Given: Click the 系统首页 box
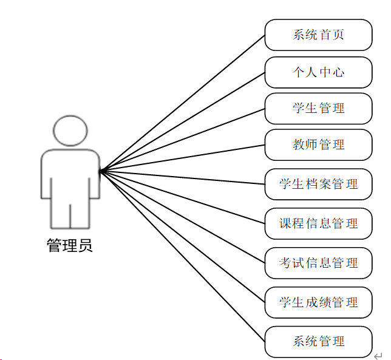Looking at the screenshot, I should (318, 35).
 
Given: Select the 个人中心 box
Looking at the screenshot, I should (318, 72).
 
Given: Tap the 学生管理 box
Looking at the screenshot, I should (318, 108).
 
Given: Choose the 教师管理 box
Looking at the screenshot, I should (318, 144).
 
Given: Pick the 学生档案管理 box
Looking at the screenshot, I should (318, 184).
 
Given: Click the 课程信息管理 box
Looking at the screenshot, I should (318, 223).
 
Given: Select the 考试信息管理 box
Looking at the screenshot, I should (318, 263).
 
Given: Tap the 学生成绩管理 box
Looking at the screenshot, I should (318, 302).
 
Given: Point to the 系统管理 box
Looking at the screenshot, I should (318, 341).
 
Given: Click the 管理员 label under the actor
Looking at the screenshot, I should (70, 246).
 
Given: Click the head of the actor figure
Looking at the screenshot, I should (70, 129).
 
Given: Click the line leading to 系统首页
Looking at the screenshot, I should (182, 103).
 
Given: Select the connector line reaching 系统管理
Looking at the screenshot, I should (182, 256).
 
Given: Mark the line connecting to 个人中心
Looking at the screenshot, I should (182, 121).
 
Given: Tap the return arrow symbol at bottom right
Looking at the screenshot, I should (378, 355).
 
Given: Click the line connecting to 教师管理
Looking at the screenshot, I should (182, 157).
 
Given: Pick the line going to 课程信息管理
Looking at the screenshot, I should (182, 197).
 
